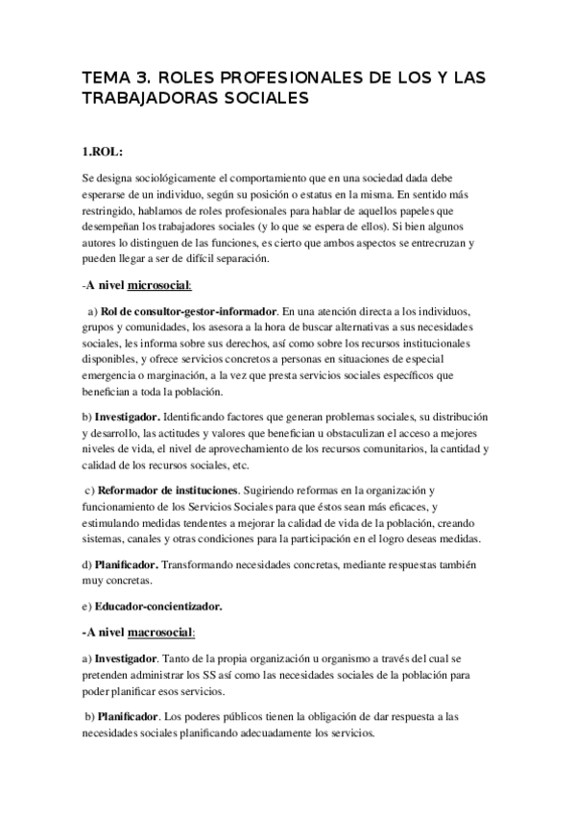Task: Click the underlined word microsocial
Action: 160,285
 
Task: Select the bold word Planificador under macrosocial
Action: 130,716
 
